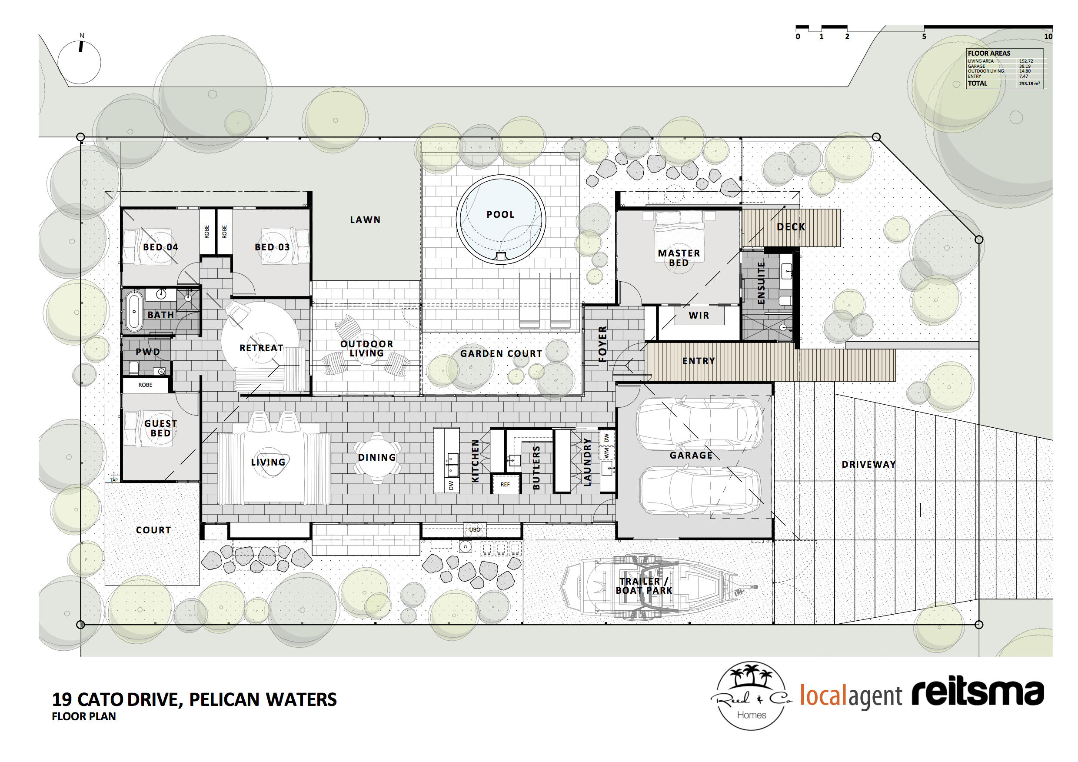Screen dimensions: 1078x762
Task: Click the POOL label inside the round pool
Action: click(x=500, y=215)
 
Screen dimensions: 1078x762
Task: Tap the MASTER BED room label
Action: click(x=679, y=258)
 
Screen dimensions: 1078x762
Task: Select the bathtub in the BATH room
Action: click(x=134, y=311)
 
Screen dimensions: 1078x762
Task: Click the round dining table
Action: click(x=377, y=457)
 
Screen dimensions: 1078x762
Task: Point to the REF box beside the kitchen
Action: click(x=505, y=484)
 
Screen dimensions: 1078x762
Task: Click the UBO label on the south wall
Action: click(x=475, y=529)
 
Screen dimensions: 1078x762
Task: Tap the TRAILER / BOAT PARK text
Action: click(x=644, y=586)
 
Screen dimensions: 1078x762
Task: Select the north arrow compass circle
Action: click(x=80, y=63)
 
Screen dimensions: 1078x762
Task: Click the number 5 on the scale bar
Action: click(x=924, y=37)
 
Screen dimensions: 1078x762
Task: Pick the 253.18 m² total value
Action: click(x=1029, y=83)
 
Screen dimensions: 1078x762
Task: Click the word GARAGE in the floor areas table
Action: click(x=976, y=66)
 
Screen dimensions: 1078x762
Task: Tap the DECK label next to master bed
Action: click(x=791, y=227)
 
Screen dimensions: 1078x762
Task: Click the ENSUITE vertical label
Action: click(x=761, y=283)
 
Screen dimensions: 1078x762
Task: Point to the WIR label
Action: click(x=699, y=316)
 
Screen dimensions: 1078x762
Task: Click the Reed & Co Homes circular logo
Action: click(x=751, y=696)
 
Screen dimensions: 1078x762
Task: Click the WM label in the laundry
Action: click(x=607, y=453)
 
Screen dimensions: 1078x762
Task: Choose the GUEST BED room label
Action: click(x=160, y=428)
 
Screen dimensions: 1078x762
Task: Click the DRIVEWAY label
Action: click(x=868, y=464)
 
